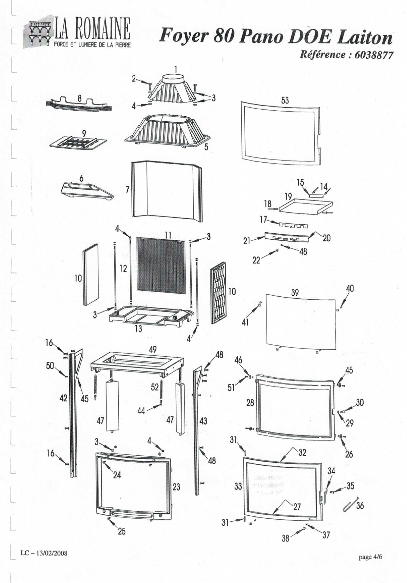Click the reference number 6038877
click(x=373, y=55)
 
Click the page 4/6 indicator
click(x=370, y=557)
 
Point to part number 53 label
click(x=285, y=100)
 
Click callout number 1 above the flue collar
click(x=176, y=69)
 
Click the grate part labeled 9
click(x=78, y=143)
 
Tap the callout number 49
click(x=153, y=349)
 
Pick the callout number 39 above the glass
click(x=295, y=293)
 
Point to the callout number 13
click(x=138, y=328)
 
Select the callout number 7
click(x=128, y=189)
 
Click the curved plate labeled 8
click(x=78, y=106)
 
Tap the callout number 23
click(x=176, y=487)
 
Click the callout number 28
click(x=250, y=402)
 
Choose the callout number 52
click(x=155, y=387)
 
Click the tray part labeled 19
click(x=305, y=206)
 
